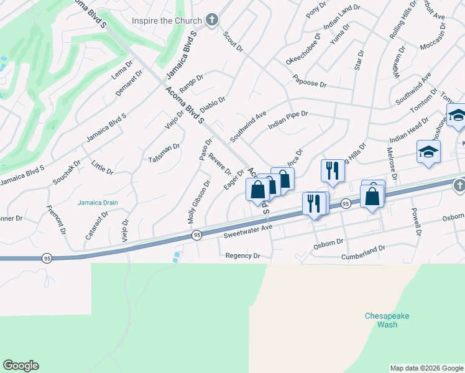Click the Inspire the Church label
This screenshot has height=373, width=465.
167,20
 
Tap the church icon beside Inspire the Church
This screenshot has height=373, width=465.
212,20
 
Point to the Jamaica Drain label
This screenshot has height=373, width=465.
98,203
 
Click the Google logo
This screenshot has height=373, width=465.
21,366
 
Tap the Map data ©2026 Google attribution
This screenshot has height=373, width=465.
426,368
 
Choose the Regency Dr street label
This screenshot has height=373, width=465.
242,256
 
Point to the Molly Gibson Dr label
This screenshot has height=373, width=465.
199,202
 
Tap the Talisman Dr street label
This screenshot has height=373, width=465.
164,154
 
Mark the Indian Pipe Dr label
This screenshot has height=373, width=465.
288,117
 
